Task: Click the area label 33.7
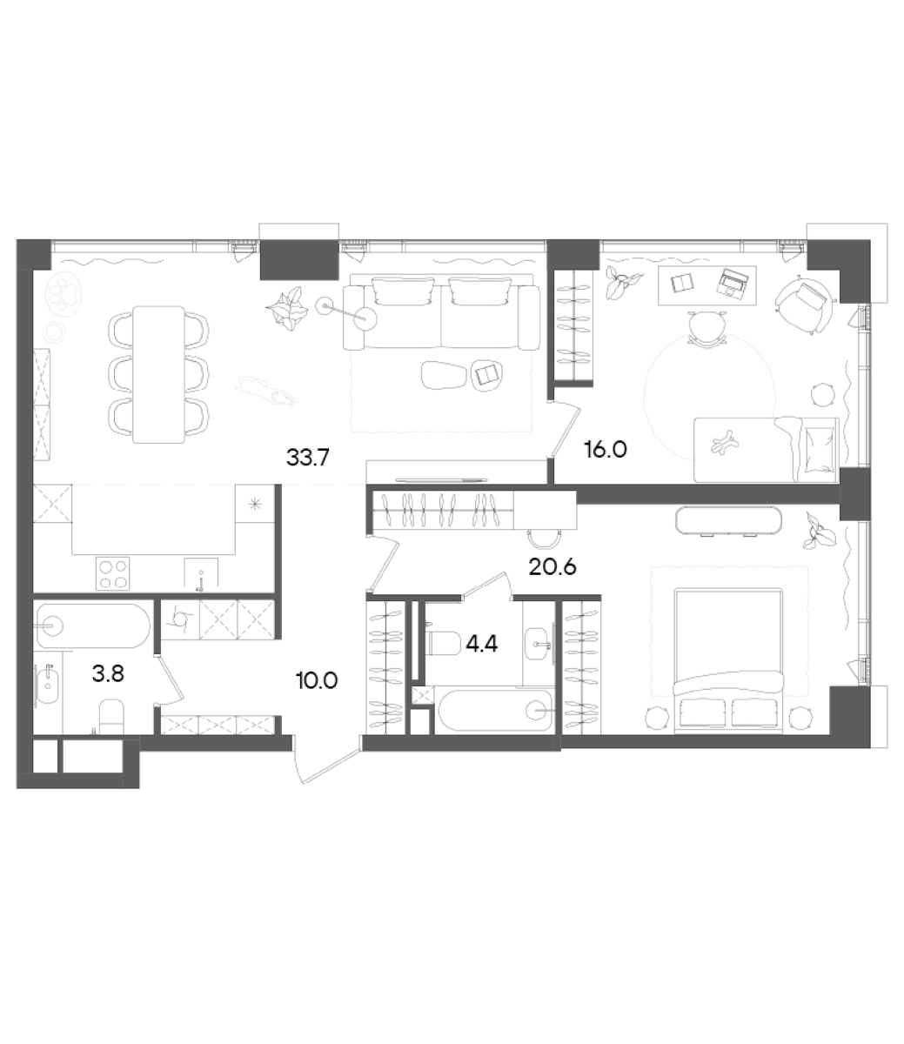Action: [x=307, y=457]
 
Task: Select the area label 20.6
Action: [x=553, y=567]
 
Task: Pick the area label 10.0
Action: [x=317, y=680]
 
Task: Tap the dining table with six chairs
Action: [x=158, y=374]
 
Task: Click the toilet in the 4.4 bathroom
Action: [x=446, y=643]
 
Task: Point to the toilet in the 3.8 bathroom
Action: [x=110, y=715]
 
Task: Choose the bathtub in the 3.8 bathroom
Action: [x=93, y=624]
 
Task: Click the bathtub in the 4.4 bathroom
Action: [x=495, y=712]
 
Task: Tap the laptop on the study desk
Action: [x=733, y=280]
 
